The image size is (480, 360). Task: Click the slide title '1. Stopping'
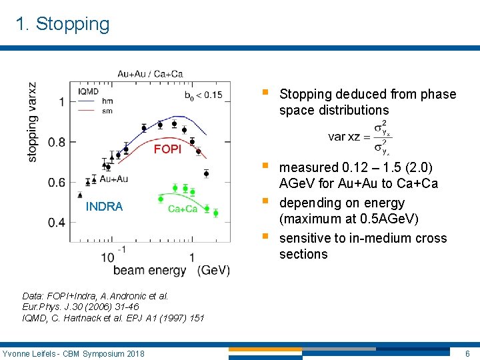coord(63,24)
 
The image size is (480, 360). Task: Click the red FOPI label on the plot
coord(167,149)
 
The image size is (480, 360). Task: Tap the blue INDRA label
coord(104,207)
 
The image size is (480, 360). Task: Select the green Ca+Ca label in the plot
coord(183,209)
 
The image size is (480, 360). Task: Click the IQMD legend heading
coord(89,91)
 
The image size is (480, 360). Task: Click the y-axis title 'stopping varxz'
coord(33,121)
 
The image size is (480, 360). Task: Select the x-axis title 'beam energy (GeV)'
coord(171,270)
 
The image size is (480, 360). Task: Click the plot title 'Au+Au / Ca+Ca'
coord(150,73)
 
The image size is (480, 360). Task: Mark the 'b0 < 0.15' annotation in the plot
coord(203,95)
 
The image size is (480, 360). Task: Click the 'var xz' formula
coord(360,137)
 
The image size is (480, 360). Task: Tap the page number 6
coord(467,353)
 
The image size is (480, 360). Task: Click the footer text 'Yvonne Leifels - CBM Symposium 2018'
coord(73,353)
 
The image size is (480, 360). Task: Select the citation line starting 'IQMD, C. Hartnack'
coord(113,319)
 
